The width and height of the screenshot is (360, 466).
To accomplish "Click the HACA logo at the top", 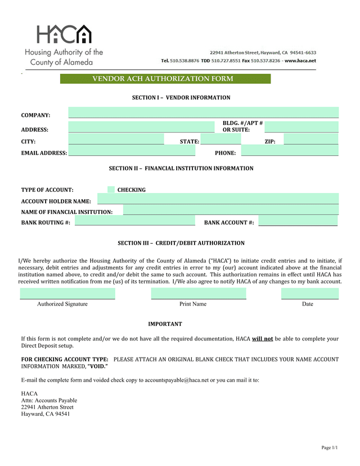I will click(64, 35).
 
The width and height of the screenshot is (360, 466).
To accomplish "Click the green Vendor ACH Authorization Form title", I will click(165, 79).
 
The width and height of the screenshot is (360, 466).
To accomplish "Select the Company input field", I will click(203, 112).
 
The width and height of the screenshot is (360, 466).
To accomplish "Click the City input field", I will click(116, 139).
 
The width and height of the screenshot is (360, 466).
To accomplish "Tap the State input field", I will click(220, 139).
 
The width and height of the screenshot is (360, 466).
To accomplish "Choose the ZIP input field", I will click(310, 139).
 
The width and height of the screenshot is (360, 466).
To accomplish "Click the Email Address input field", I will click(132, 150).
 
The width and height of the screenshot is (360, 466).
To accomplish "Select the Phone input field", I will click(290, 150).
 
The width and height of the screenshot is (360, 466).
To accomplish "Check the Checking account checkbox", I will click(111, 190).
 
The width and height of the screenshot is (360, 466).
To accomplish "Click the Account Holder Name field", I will click(218, 199).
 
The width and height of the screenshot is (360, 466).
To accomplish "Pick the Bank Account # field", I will click(298, 221).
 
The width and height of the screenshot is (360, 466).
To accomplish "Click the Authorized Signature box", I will click(67, 293).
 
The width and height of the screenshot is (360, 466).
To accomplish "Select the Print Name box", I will click(199, 293).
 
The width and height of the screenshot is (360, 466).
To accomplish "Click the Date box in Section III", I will click(309, 293).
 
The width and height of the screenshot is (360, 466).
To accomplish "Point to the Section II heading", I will click(181, 168).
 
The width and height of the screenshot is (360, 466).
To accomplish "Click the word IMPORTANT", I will click(165, 324).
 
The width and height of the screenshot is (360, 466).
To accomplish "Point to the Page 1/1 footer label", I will click(329, 447).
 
